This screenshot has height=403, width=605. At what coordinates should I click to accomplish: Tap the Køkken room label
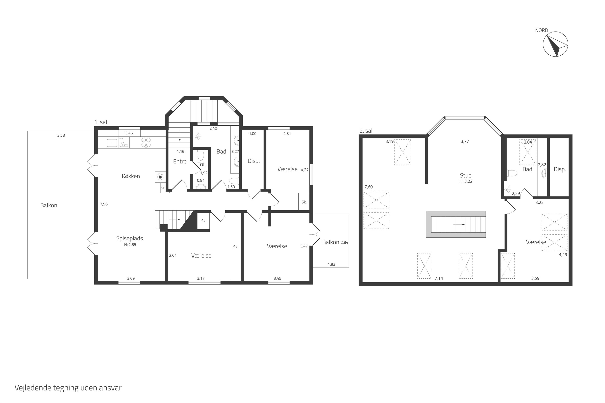click(x=131, y=176)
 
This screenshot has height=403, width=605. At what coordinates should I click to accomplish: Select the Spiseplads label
click(x=129, y=238)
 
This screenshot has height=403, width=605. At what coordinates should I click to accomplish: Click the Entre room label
click(x=180, y=161)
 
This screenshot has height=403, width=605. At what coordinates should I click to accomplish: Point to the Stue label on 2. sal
click(x=466, y=176)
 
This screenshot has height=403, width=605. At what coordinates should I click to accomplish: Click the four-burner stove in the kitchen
click(x=146, y=143)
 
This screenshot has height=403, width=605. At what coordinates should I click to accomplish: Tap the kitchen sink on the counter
click(x=112, y=143)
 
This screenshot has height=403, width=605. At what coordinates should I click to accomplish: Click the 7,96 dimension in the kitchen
click(x=104, y=204)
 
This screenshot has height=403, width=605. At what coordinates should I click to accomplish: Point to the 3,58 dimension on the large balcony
click(x=61, y=135)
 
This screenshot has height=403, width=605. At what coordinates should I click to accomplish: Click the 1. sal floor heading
click(x=101, y=122)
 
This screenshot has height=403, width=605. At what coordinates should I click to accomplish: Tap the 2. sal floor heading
click(x=366, y=131)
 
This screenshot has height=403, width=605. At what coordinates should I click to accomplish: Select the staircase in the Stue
click(x=456, y=224)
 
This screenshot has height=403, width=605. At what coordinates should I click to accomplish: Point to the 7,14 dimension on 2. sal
click(x=439, y=278)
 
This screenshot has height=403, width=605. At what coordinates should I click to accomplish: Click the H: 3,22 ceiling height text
click(x=466, y=181)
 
